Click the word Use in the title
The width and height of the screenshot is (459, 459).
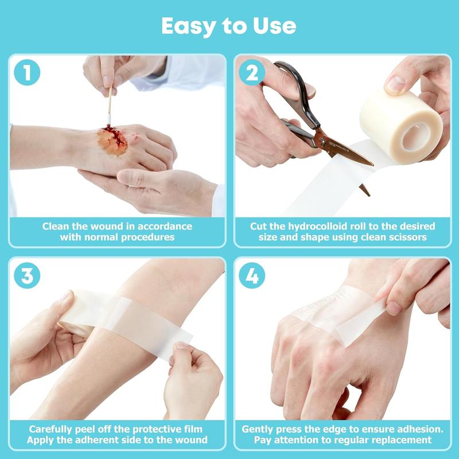click(x=275, y=26)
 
